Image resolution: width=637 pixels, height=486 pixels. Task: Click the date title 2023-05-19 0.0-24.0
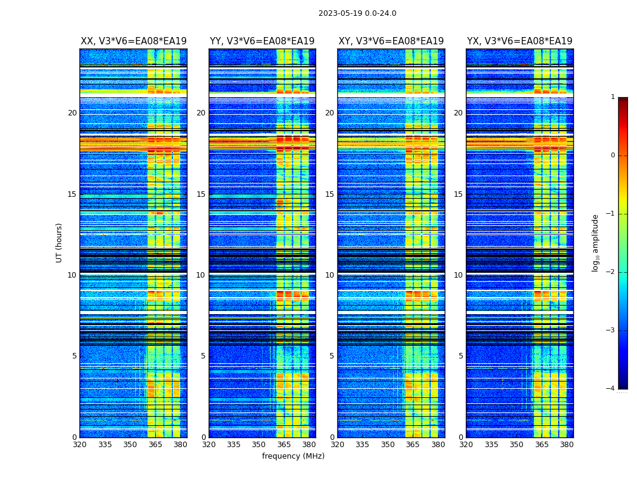pyautogui.click(x=357, y=13)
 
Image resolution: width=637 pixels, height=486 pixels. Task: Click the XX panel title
pyautogui.click(x=133, y=41)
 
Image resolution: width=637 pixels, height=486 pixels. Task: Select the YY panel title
pyautogui.click(x=262, y=41)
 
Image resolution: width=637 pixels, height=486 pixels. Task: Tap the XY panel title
pyautogui.click(x=391, y=41)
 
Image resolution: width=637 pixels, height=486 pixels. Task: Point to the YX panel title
pyautogui.click(x=519, y=41)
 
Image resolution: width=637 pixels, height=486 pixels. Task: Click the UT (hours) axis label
pyautogui.click(x=59, y=242)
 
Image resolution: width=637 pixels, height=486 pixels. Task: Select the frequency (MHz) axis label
pyautogui.click(x=293, y=456)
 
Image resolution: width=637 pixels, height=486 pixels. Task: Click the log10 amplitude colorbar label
pyautogui.click(x=596, y=242)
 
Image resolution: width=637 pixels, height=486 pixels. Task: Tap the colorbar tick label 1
pyautogui.click(x=613, y=97)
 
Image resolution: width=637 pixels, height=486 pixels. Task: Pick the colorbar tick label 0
pyautogui.click(x=613, y=156)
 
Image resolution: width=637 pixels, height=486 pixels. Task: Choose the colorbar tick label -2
pyautogui.click(x=611, y=272)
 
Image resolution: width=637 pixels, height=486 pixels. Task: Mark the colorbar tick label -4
pyautogui.click(x=611, y=389)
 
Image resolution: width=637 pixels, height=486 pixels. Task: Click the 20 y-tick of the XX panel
pyautogui.click(x=72, y=113)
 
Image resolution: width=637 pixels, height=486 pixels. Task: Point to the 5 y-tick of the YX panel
pyautogui.click(x=461, y=356)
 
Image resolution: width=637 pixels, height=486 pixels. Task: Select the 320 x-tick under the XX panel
pyautogui.click(x=79, y=445)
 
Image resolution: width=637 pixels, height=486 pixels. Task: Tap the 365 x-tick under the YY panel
pyautogui.click(x=284, y=445)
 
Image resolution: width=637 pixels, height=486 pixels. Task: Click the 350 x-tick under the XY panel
pyautogui.click(x=388, y=445)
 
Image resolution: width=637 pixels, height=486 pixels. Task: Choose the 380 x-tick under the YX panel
pyautogui.click(x=567, y=445)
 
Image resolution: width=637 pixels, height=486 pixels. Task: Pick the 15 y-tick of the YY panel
pyautogui.click(x=201, y=194)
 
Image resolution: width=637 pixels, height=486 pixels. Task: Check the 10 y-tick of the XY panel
pyautogui.click(x=329, y=275)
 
